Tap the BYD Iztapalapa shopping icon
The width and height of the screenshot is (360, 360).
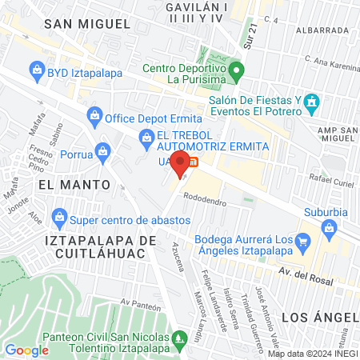38,70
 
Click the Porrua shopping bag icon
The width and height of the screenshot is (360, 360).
102,150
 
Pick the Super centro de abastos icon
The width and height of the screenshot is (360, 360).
58,217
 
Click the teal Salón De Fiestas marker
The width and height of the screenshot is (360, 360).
312,102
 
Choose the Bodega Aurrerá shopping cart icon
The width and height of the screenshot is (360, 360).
302,242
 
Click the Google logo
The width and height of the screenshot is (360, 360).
26,350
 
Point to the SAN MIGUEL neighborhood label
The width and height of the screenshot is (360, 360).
86,24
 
